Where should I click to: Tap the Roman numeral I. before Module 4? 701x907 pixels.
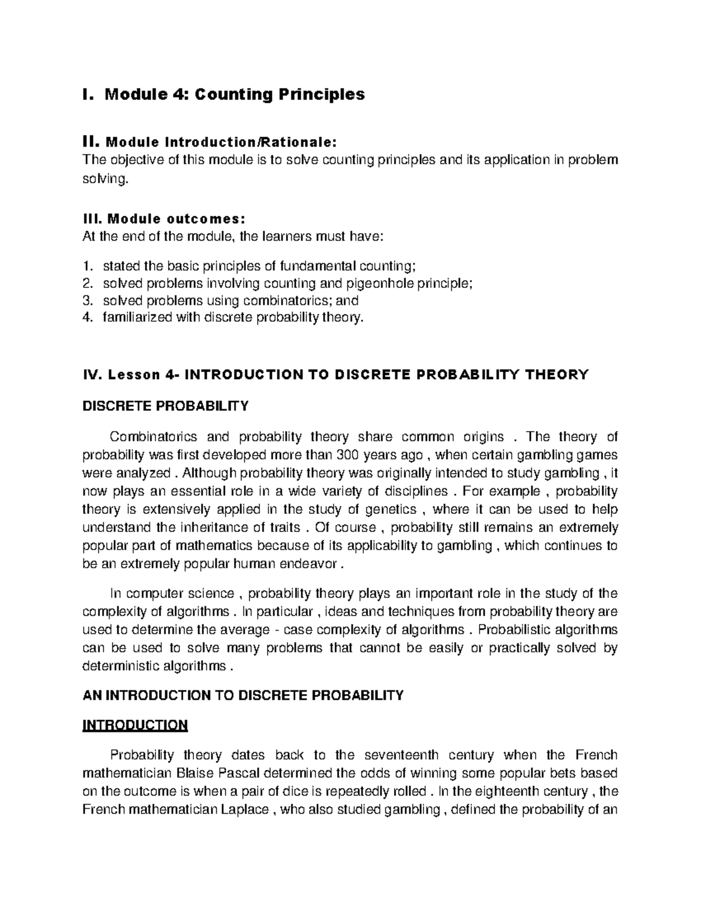tap(88, 95)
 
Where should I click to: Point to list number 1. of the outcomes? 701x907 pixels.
tap(88, 266)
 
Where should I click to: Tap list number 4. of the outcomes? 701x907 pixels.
tap(88, 318)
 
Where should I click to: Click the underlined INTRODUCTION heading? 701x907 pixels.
tap(135, 725)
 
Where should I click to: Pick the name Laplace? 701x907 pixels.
tap(245, 810)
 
